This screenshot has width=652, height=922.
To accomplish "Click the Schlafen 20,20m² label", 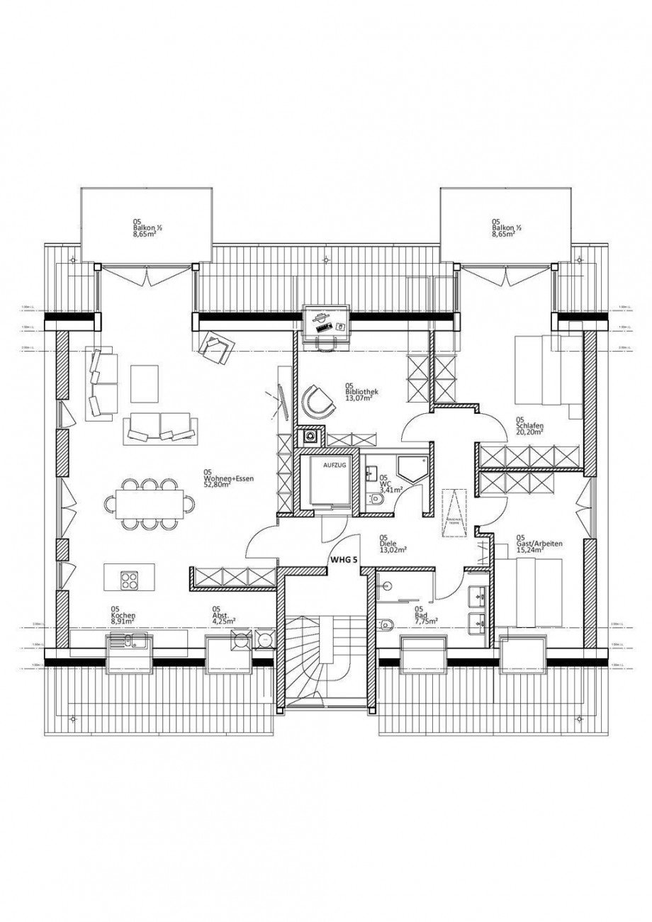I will tap(529, 425).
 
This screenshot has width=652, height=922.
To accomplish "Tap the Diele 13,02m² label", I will tap(391, 542).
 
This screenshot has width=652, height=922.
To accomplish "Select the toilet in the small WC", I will tap(377, 500).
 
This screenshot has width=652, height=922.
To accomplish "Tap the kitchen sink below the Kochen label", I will tap(128, 642).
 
